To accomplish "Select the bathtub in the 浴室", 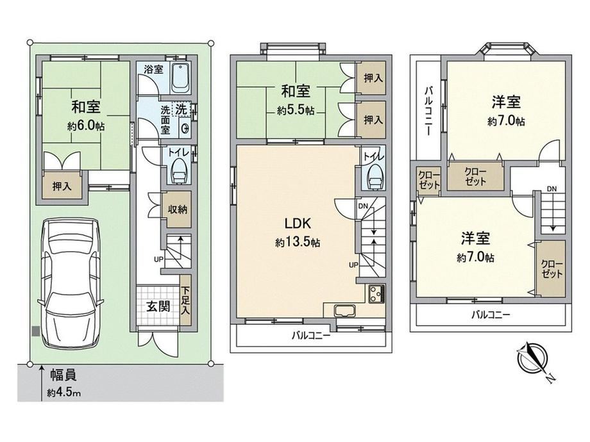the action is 181,79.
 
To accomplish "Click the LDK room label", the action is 298,224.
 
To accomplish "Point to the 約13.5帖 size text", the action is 298,243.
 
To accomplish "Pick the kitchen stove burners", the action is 376,293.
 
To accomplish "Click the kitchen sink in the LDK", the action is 344,311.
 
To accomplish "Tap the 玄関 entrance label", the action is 158,306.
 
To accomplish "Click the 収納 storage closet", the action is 177,209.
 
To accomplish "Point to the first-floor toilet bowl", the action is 179,172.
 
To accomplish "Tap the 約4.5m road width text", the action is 63,393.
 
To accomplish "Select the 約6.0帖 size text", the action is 86,126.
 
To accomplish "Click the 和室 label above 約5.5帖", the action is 296,92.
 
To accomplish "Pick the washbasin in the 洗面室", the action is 185,129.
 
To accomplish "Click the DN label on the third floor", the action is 552,189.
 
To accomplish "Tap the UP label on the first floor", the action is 158,259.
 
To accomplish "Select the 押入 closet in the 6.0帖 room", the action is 62,185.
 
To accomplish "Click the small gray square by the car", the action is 35,332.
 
